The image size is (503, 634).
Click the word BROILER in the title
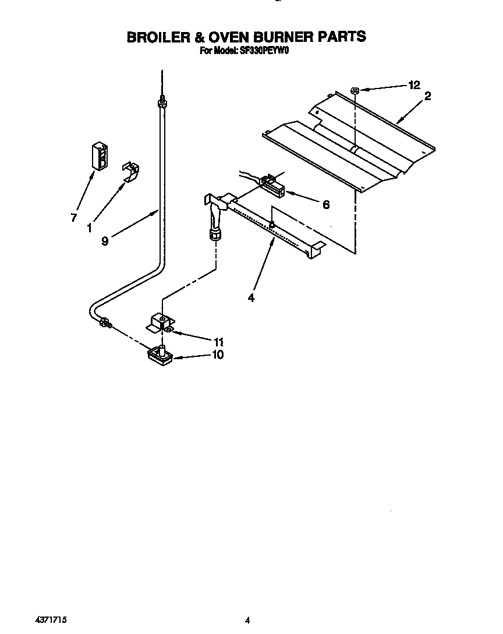(x=157, y=37)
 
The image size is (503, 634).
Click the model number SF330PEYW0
(x=265, y=51)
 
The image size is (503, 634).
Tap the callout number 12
(x=414, y=85)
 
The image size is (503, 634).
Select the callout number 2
(x=428, y=97)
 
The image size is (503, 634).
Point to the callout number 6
(x=326, y=204)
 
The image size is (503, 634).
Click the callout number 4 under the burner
(x=251, y=297)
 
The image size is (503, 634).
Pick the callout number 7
(x=74, y=218)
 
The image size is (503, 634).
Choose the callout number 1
(x=89, y=229)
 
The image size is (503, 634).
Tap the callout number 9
(x=105, y=241)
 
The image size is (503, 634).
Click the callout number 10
(x=217, y=355)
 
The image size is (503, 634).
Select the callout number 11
(x=218, y=342)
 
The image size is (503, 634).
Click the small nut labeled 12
(x=355, y=90)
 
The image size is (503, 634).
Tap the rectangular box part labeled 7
(x=100, y=155)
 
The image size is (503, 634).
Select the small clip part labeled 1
(x=131, y=172)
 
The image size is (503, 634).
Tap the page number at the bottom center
(x=247, y=621)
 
